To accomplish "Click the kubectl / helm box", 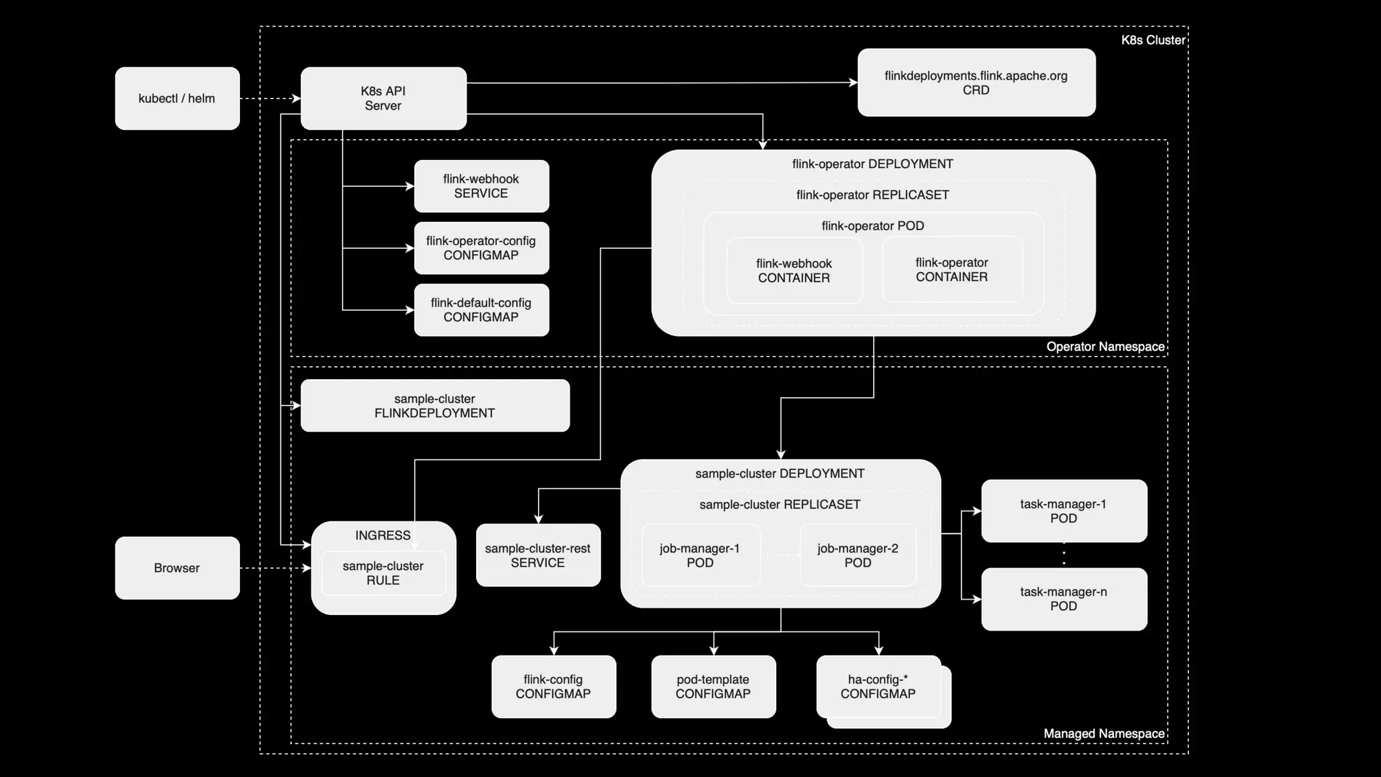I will coord(177,98).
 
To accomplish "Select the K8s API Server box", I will coord(383,98).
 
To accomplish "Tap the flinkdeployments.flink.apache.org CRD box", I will coord(976,82).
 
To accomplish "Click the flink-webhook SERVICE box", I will coord(481,186).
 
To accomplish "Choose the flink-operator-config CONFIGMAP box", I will coord(481,248).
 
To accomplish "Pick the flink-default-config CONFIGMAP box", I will coord(481,310).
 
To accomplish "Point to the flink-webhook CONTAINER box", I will coord(794,270).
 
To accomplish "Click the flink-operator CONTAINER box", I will coord(951,270).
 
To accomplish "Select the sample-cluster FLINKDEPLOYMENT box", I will coord(434,406).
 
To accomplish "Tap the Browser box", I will coord(177,568).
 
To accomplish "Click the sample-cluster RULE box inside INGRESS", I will coord(383,573).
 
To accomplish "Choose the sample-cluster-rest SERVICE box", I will coord(537,556).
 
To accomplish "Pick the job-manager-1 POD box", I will coord(700,556).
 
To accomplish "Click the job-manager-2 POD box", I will coord(858,556).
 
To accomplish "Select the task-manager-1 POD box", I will coord(1063,511).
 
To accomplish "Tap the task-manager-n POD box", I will coord(1063,599).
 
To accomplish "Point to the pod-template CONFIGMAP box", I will coord(713,687).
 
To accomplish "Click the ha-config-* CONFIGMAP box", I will coord(878,687).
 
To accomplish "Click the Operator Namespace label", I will coord(1105,347).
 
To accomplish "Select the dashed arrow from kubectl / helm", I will coord(270,98).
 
